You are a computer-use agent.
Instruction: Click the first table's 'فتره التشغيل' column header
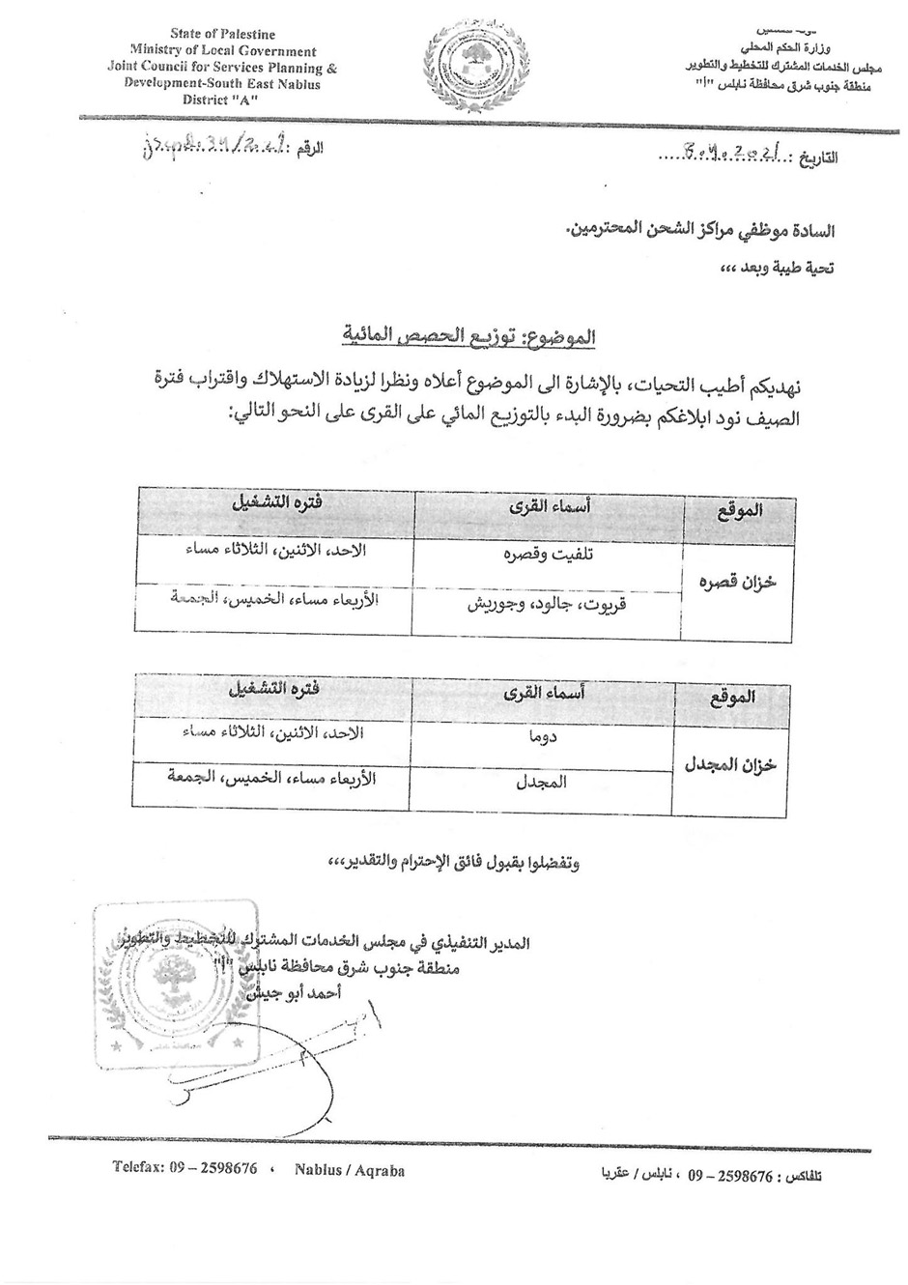(x=275, y=503)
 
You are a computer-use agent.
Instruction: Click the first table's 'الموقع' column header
(x=739, y=510)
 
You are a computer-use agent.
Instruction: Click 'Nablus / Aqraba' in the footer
(x=352, y=1171)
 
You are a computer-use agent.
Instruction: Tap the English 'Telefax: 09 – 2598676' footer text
(x=184, y=1169)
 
